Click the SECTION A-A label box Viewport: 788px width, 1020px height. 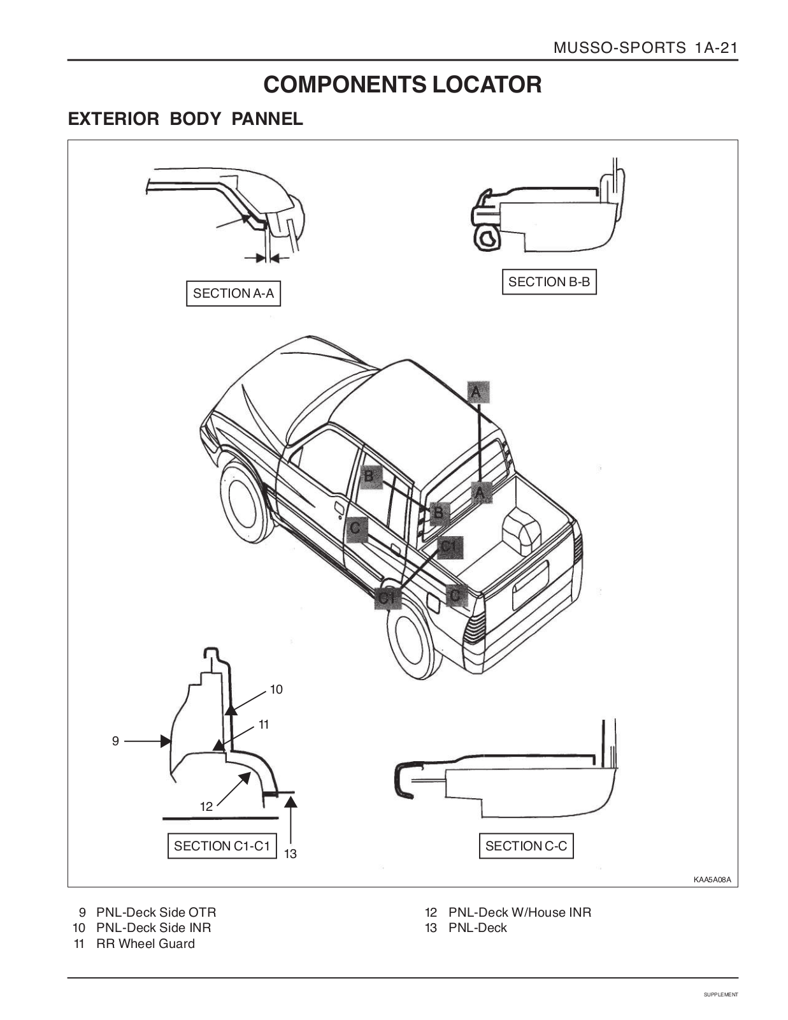coord(233,293)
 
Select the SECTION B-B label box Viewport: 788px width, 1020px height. coord(549,282)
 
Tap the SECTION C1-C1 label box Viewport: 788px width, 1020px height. coord(222,846)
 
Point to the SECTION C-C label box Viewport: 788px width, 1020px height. coord(526,846)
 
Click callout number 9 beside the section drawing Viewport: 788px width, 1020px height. coord(115,741)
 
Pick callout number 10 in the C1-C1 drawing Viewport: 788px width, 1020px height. coord(276,690)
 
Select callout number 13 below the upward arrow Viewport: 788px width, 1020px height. coord(290,854)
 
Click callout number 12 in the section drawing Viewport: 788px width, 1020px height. coord(206,806)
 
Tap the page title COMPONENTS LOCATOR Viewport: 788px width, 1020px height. coord(403,85)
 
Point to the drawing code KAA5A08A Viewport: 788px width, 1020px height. coord(712,880)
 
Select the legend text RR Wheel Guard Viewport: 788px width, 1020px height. coord(145,943)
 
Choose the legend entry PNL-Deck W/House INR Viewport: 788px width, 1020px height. coord(520,912)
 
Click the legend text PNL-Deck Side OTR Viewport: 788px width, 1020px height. coord(156,912)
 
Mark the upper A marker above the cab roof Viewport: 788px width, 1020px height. coord(478,392)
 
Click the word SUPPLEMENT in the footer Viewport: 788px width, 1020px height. coord(721,994)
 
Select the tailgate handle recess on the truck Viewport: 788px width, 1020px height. coord(531,585)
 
